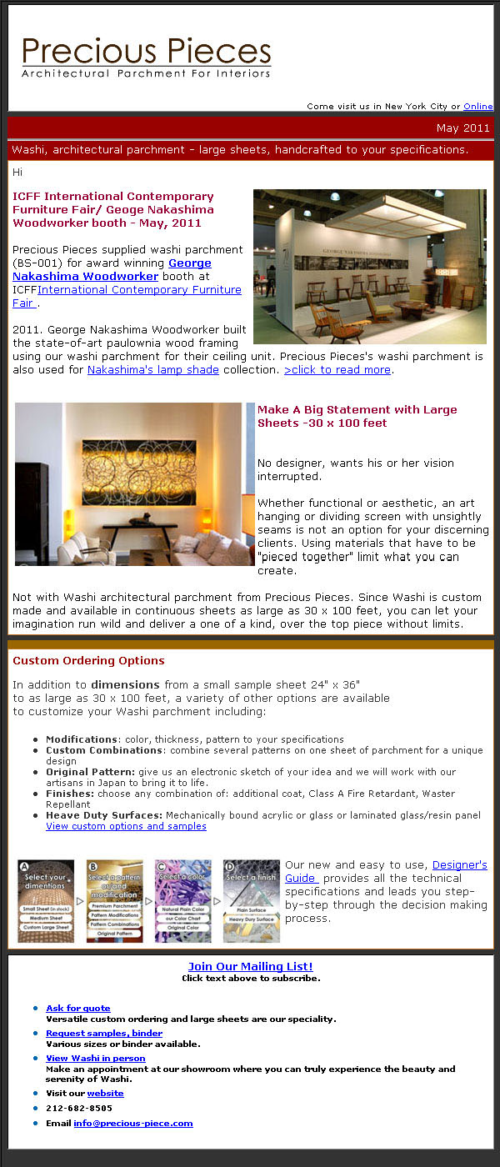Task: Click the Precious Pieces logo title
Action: pyautogui.click(x=147, y=52)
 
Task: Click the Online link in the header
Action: pyautogui.click(x=477, y=107)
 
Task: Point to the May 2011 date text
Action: pyautogui.click(x=462, y=128)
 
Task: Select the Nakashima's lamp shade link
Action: pyautogui.click(x=153, y=370)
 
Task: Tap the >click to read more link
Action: pyautogui.click(x=337, y=370)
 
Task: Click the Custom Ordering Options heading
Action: pyautogui.click(x=88, y=661)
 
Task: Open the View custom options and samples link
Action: pyautogui.click(x=126, y=826)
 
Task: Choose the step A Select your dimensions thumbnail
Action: pyautogui.click(x=46, y=901)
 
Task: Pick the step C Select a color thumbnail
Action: pyautogui.click(x=183, y=901)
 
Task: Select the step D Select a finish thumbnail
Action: pyautogui.click(x=252, y=901)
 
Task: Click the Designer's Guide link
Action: pyautogui.click(x=459, y=866)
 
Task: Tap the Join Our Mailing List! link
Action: pyautogui.click(x=250, y=967)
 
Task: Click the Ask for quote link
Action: pyautogui.click(x=78, y=1009)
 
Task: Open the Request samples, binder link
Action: pyautogui.click(x=104, y=1034)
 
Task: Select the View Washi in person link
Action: pyautogui.click(x=96, y=1059)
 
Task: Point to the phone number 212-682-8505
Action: pyautogui.click(x=79, y=1109)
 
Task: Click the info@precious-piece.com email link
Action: pyautogui.click(x=132, y=1124)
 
